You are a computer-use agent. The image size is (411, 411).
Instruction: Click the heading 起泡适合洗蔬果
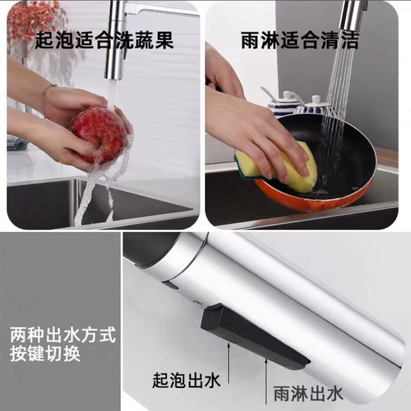click(x=104, y=40)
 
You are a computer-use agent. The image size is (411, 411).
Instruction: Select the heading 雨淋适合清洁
click(x=300, y=40)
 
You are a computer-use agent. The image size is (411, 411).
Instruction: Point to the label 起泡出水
click(x=186, y=380)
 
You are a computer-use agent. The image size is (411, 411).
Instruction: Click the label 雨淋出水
click(x=308, y=394)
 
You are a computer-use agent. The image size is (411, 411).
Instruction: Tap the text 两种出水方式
click(x=63, y=335)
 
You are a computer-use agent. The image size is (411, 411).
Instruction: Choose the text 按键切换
click(x=45, y=354)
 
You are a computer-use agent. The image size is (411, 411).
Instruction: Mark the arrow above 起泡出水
click(x=229, y=363)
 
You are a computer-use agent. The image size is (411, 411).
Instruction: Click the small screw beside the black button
click(x=198, y=302)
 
